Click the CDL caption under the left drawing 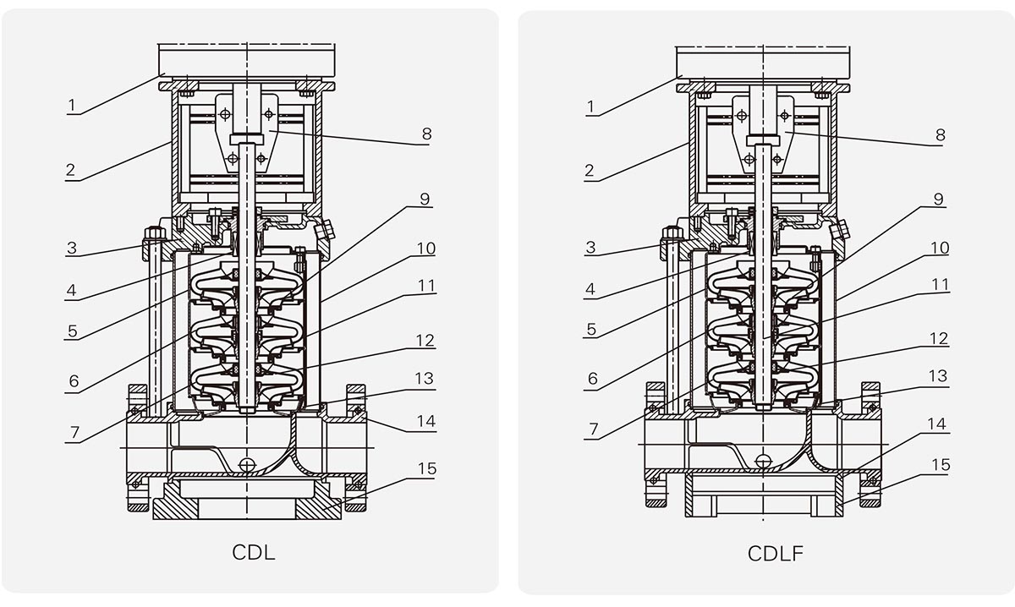(253, 553)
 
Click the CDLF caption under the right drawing (775, 554)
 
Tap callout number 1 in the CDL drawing (73, 106)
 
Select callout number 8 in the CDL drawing (426, 134)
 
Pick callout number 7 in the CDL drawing (74, 432)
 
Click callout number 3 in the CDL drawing (72, 249)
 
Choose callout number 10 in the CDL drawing (425, 249)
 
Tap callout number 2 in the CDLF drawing (589, 172)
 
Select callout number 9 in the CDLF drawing (939, 200)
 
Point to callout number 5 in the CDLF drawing (590, 331)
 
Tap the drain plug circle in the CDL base (247, 465)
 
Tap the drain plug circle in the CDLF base (765, 461)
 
